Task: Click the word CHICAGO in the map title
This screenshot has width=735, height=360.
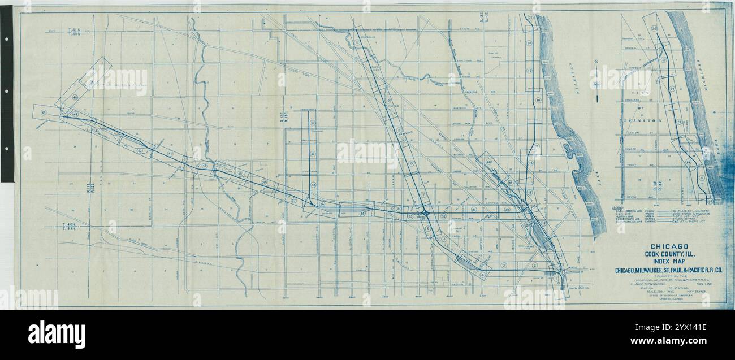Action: tap(669, 246)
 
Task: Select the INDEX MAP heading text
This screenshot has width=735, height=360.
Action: tap(669, 262)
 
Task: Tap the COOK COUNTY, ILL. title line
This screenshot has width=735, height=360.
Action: tap(669, 254)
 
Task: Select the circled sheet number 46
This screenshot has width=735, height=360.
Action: tap(75, 97)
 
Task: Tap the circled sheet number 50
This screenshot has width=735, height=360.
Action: tap(313, 123)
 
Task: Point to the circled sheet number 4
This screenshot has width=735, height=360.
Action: tap(482, 275)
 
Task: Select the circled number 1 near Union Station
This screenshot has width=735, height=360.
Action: tap(556, 277)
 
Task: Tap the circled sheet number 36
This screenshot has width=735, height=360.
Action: tap(321, 204)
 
